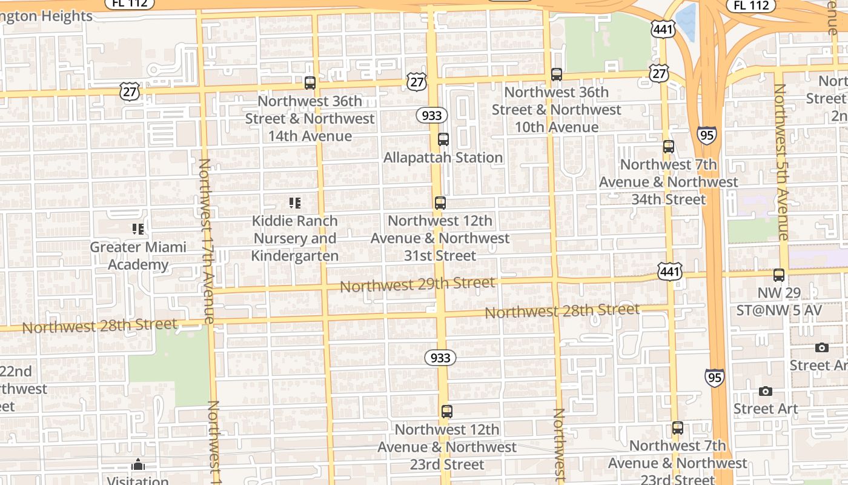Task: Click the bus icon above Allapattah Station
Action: tap(443, 139)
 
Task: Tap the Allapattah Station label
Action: tap(443, 158)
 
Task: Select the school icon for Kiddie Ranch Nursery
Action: tap(295, 202)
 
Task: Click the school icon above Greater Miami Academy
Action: tap(138, 229)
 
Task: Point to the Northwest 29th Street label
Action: tap(417, 284)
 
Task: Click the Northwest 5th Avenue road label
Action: tap(781, 162)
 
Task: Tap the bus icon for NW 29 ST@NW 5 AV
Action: tap(779, 275)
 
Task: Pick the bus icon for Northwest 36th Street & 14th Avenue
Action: tap(310, 83)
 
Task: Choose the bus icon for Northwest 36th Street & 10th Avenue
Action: tap(557, 75)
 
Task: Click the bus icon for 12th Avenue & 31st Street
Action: tap(440, 203)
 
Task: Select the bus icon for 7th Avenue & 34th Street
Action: tap(669, 147)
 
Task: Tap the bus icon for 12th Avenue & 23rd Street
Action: tap(447, 412)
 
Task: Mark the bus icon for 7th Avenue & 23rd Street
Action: tap(678, 428)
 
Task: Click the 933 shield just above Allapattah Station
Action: tap(431, 115)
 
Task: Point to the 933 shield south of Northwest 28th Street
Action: tap(440, 358)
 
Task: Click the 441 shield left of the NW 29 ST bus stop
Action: tap(671, 272)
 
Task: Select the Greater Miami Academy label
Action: tap(138, 256)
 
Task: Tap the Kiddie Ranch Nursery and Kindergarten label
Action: tap(295, 238)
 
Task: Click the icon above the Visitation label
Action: tap(138, 466)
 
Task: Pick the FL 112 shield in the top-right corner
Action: tap(751, 5)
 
